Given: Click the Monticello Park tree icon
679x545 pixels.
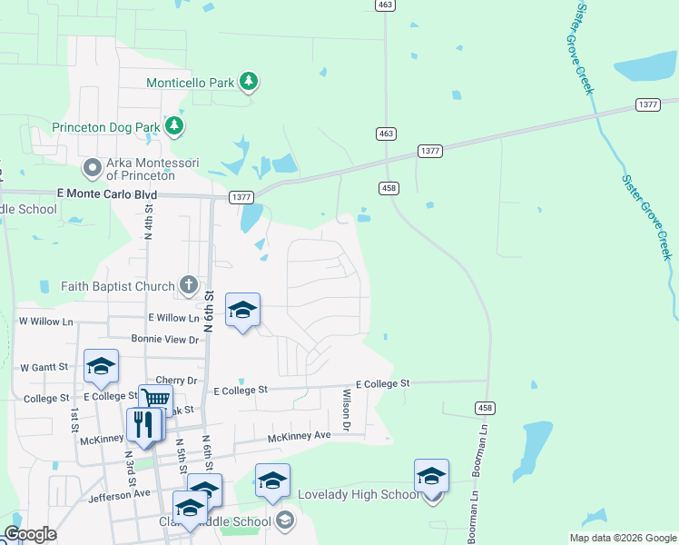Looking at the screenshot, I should pyautogui.click(x=249, y=83).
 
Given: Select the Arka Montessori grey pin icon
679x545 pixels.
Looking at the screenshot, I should pyautogui.click(x=92, y=168).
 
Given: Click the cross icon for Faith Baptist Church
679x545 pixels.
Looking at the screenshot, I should pyautogui.click(x=188, y=286).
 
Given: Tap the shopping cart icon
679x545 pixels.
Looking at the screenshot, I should pyautogui.click(x=155, y=399).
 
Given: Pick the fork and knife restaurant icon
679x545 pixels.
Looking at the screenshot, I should pyautogui.click(x=143, y=424).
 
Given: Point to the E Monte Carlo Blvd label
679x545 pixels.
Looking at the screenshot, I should pyautogui.click(x=106, y=195).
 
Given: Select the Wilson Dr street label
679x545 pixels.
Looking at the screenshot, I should pyautogui.click(x=346, y=410).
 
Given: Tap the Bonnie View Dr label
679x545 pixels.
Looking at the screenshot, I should pyautogui.click(x=164, y=340).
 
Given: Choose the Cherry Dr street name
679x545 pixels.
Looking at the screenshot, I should pyautogui.click(x=176, y=381).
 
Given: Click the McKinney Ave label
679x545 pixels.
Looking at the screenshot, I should pyautogui.click(x=299, y=437).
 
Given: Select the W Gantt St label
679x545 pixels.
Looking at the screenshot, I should pyautogui.click(x=44, y=368).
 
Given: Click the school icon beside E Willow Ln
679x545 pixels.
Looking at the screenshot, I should pyautogui.click(x=242, y=311).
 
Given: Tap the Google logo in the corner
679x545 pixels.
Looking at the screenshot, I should pyautogui.click(x=30, y=534).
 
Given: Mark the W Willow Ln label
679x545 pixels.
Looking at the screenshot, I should pyautogui.click(x=45, y=322).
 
